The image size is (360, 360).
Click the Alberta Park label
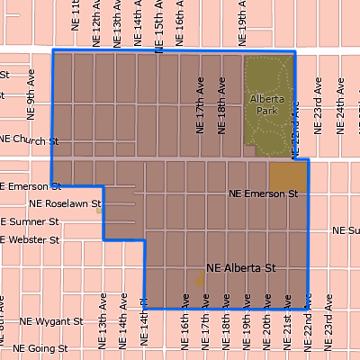coord(266,104)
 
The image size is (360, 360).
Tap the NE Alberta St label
coord(240,267)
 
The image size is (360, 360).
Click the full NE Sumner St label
coord(31,221)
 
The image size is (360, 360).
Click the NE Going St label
coord(42,347)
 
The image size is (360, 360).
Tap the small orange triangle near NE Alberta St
coord(200,278)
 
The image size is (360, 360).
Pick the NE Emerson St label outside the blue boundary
coord(31,186)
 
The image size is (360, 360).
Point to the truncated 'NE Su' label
coord(346,230)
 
